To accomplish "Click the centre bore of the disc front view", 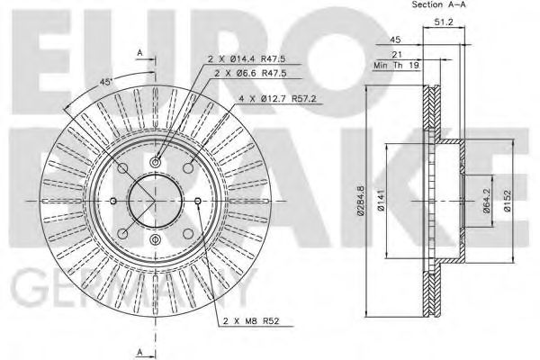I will pyautogui.click(x=155, y=200).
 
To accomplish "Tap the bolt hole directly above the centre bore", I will pyautogui.click(x=155, y=161).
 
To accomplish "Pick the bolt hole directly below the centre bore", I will pyautogui.click(x=155, y=240).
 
